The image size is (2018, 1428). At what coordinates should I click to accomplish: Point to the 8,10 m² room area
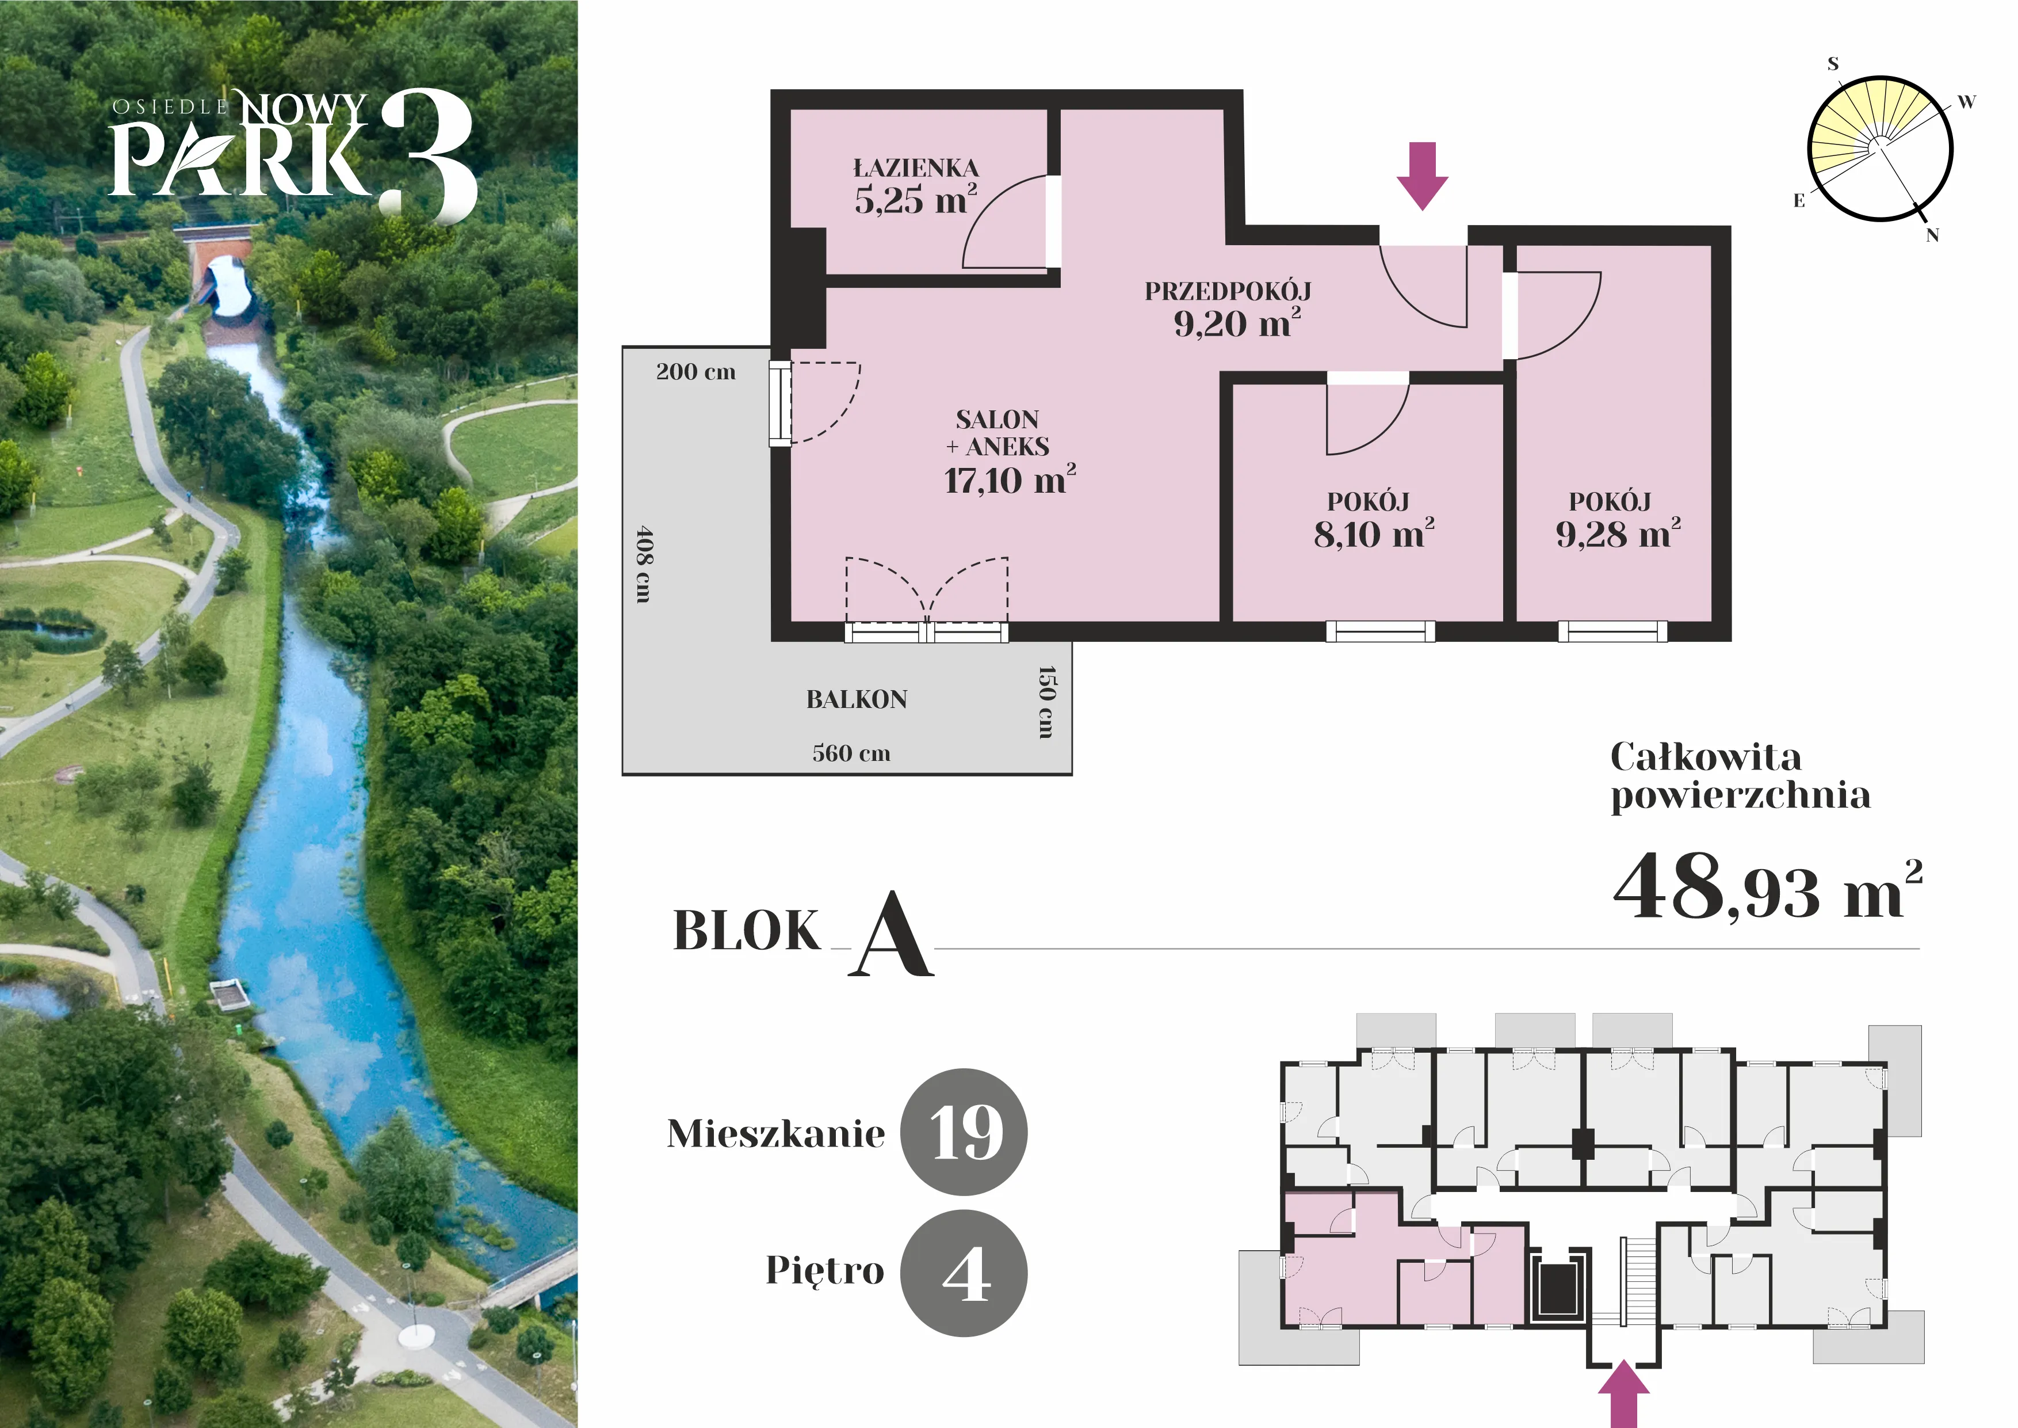[x=1374, y=534]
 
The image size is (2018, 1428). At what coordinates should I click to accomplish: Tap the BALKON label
[x=857, y=699]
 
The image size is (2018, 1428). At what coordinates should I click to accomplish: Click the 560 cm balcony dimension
[x=851, y=753]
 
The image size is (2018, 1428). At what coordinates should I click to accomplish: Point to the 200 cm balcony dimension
[x=695, y=371]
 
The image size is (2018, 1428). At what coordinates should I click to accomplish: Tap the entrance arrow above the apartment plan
[x=1422, y=176]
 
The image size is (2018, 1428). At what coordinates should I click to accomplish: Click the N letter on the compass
[x=1932, y=235]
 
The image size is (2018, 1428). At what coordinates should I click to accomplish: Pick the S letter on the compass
[x=1833, y=63]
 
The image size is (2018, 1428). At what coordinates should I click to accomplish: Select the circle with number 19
[x=965, y=1133]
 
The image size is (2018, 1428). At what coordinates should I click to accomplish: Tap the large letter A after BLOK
[x=890, y=934]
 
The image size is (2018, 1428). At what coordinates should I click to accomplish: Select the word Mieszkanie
[x=776, y=1133]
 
